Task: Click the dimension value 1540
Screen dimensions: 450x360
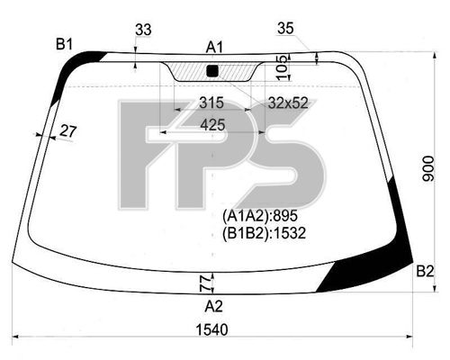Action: [x=211, y=330]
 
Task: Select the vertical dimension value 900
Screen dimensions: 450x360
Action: [x=428, y=168]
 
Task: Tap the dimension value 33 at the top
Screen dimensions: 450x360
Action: [x=143, y=30]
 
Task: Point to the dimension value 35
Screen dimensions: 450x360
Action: [x=285, y=29]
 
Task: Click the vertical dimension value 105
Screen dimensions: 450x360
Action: [x=283, y=67]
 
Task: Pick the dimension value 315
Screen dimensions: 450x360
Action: [x=211, y=103]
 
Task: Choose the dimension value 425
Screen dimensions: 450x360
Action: [x=212, y=125]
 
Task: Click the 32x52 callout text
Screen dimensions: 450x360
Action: [x=288, y=103]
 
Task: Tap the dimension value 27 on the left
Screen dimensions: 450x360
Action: [x=68, y=131]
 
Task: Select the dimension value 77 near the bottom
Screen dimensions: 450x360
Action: [x=206, y=284]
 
